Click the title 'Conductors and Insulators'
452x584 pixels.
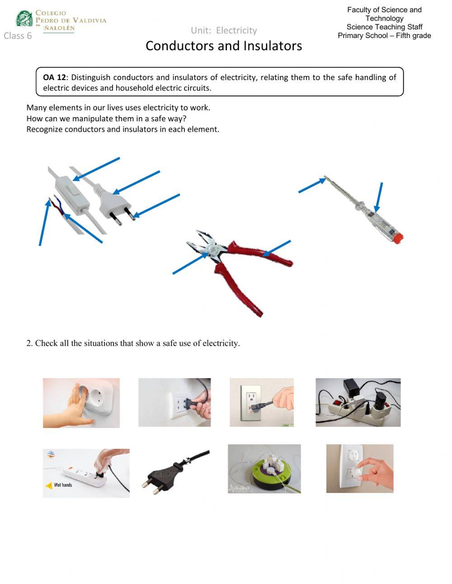(223, 46)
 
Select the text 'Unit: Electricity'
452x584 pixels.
(223, 30)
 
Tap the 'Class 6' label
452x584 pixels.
(18, 36)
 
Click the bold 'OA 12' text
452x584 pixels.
(54, 77)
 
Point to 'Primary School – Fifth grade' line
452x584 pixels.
(384, 36)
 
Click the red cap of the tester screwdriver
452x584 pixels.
(397, 237)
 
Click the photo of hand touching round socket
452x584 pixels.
(81, 403)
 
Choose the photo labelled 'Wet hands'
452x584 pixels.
(86, 473)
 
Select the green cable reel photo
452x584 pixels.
(264, 469)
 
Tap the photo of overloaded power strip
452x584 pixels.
(358, 403)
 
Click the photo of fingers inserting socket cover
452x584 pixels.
(359, 469)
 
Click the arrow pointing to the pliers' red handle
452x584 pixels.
(277, 248)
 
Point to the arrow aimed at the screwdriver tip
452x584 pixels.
(311, 186)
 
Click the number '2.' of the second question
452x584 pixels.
(29, 343)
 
